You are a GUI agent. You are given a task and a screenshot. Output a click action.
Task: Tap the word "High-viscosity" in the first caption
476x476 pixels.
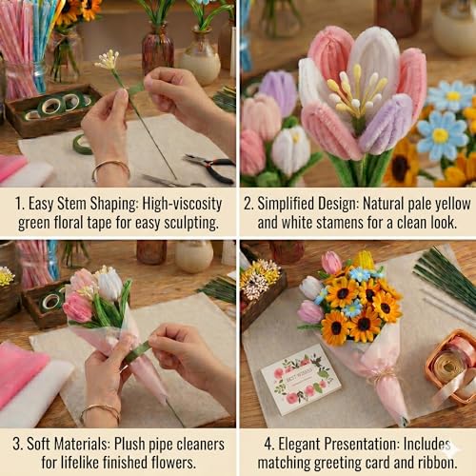click(182, 205)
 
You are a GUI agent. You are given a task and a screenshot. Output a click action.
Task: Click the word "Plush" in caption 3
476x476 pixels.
click(129, 444)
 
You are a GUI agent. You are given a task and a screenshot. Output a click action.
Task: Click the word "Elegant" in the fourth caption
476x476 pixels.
click(299, 445)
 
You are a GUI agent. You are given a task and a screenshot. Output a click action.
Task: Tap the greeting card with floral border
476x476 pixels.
click(301, 379)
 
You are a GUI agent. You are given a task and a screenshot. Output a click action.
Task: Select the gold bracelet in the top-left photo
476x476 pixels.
click(110, 170)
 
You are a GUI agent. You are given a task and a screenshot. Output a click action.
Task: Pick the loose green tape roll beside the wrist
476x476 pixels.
click(82, 145)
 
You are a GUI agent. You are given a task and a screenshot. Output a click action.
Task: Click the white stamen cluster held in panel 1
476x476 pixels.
click(107, 60)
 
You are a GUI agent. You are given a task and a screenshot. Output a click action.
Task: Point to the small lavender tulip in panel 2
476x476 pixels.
click(278, 92)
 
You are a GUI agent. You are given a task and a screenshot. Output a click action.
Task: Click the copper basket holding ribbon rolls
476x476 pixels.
click(451, 365)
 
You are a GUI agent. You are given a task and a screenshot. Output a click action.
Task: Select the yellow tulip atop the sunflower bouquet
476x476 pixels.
click(364, 260)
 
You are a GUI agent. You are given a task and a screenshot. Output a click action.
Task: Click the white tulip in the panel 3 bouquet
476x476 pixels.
click(109, 285)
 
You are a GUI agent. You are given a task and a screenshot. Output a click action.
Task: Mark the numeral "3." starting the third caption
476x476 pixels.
click(17, 445)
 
